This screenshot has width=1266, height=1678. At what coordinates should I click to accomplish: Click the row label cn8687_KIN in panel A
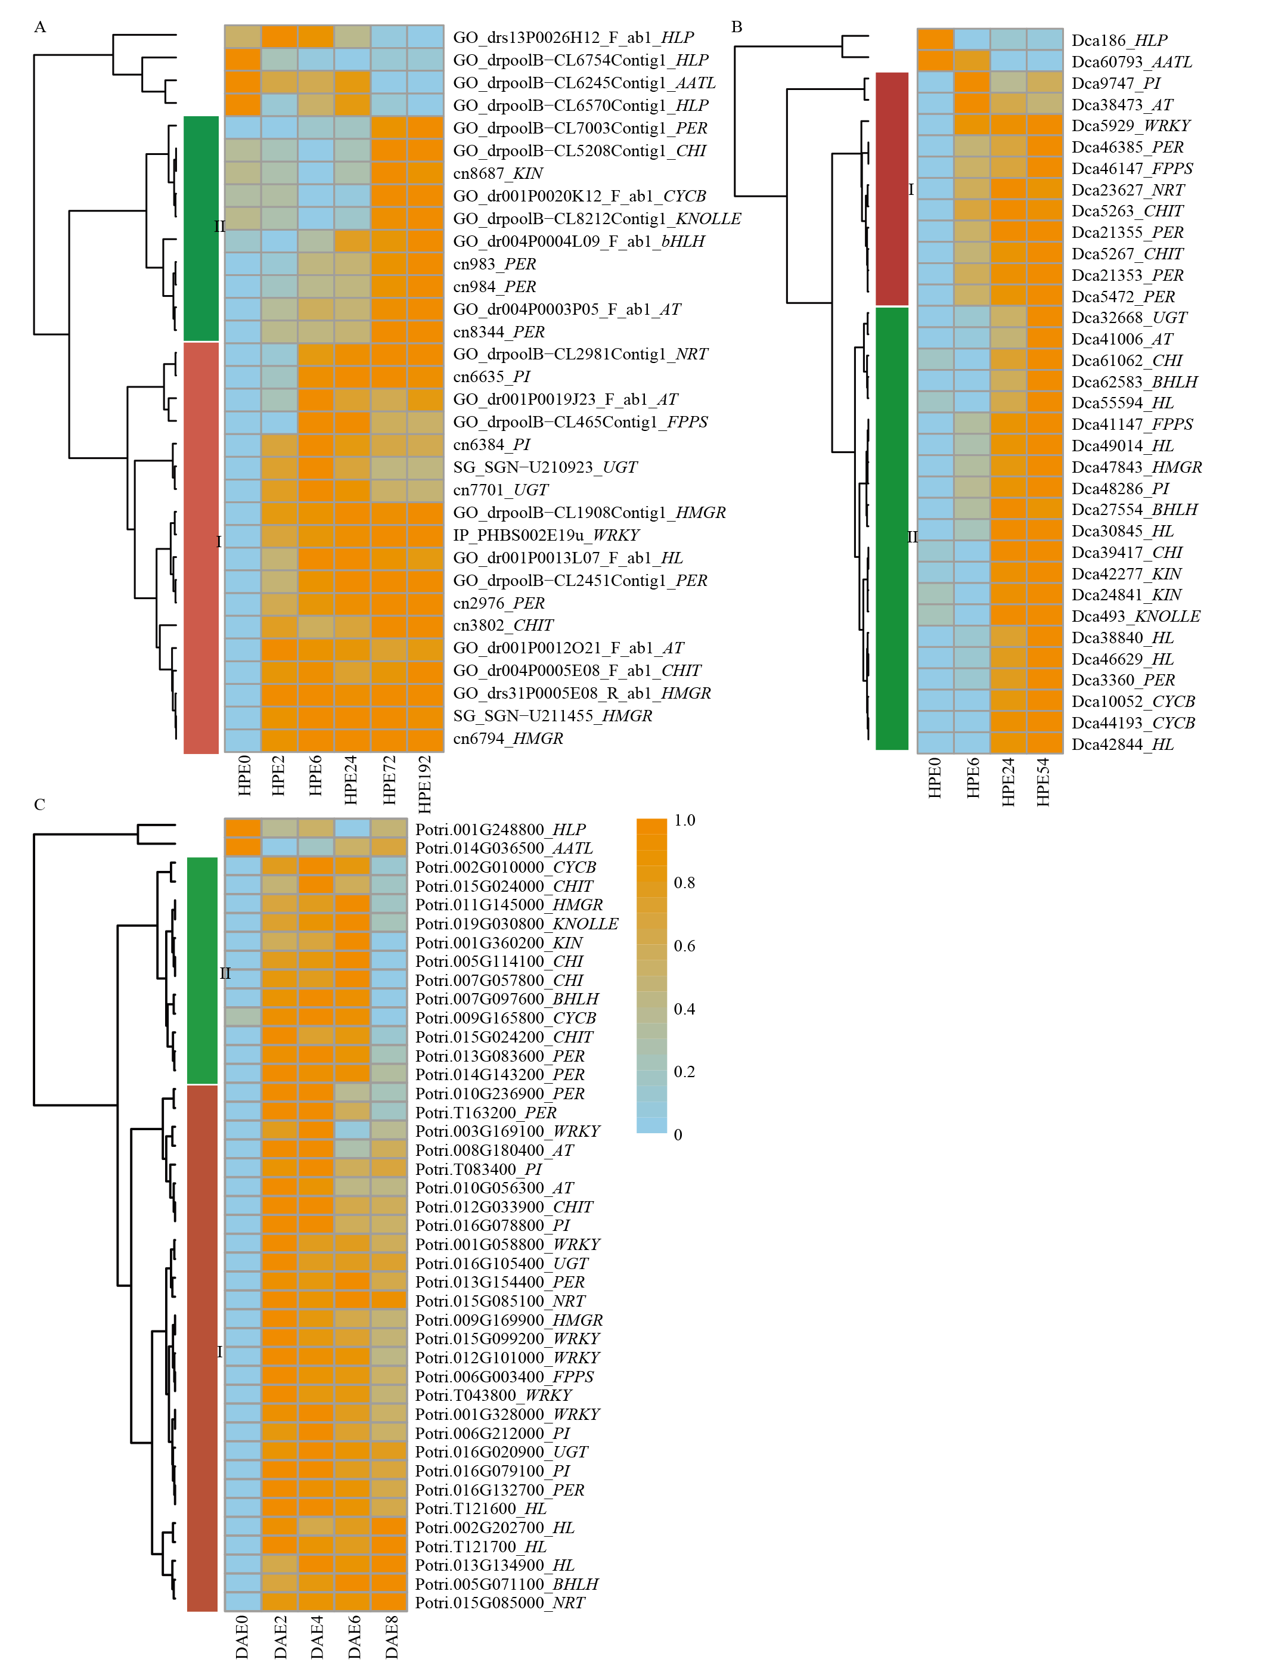[x=498, y=173]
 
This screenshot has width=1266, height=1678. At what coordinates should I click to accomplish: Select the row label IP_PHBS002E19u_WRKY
[x=546, y=535]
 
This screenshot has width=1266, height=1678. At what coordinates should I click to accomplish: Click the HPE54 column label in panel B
[x=1043, y=781]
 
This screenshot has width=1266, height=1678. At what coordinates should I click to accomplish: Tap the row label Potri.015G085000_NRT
[x=500, y=1602]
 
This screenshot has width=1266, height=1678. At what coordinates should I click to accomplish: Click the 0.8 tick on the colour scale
[x=684, y=883]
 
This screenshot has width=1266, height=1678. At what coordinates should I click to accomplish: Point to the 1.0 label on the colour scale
[x=684, y=820]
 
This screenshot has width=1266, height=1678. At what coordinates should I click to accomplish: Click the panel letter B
[x=737, y=27]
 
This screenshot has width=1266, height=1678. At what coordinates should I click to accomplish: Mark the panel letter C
[x=39, y=805]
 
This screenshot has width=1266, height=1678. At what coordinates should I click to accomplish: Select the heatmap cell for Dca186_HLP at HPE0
[x=935, y=39]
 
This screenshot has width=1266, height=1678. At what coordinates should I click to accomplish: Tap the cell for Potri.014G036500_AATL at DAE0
[x=243, y=847]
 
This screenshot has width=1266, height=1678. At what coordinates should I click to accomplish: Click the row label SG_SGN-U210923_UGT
[x=545, y=467]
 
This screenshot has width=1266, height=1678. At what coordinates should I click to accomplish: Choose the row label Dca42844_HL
[x=1122, y=745]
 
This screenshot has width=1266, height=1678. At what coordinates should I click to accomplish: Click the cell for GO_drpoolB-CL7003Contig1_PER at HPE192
[x=425, y=128]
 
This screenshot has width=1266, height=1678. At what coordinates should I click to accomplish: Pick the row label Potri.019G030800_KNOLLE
[x=517, y=924]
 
